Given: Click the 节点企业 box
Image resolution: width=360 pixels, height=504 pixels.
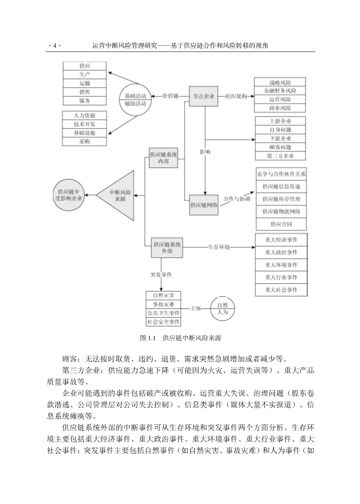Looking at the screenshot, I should click(x=204, y=96).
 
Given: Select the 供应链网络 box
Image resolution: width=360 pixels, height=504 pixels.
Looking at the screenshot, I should click(x=204, y=205).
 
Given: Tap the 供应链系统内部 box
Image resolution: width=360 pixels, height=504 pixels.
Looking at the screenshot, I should click(x=163, y=158).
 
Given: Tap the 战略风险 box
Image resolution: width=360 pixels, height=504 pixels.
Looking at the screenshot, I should click(x=280, y=82).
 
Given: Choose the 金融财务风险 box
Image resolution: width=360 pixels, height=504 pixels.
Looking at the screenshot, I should click(x=280, y=91).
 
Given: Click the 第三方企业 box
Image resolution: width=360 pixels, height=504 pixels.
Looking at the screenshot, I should click(x=280, y=156).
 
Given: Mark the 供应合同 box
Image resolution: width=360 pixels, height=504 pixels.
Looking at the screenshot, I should click(x=281, y=224).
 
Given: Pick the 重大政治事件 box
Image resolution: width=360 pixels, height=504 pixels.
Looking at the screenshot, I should click(x=281, y=252).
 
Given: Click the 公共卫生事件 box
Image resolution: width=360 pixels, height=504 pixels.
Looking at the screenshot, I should click(x=163, y=313).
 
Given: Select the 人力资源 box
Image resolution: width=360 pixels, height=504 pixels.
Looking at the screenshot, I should click(x=84, y=116).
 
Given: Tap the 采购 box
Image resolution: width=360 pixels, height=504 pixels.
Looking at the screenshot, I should click(x=84, y=142).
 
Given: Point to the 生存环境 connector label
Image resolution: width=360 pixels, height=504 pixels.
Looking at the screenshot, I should click(x=219, y=247).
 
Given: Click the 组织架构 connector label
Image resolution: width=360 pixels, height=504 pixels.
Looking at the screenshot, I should click(x=236, y=96).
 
